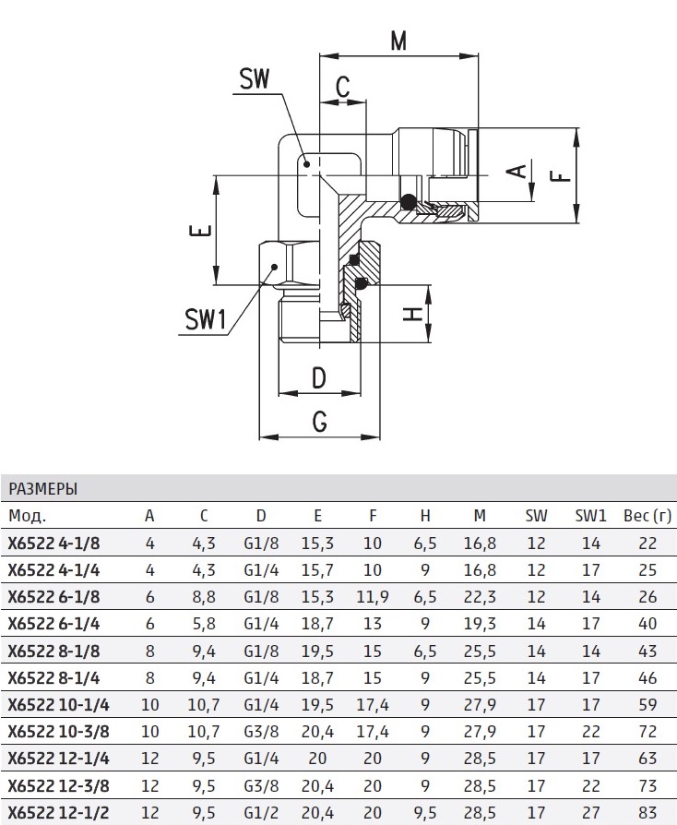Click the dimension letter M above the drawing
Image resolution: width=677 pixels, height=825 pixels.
398,42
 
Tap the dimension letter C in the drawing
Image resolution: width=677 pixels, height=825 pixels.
341,88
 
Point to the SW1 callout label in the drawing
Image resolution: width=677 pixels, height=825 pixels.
205,320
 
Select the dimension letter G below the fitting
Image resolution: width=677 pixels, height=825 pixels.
320,421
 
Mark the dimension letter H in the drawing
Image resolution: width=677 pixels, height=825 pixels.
414,314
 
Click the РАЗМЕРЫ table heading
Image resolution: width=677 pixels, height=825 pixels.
43,488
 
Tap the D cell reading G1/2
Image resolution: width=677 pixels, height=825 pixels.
262,813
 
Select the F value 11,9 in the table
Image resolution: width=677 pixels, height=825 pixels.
373,597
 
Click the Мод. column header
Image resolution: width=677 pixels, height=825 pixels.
27,515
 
